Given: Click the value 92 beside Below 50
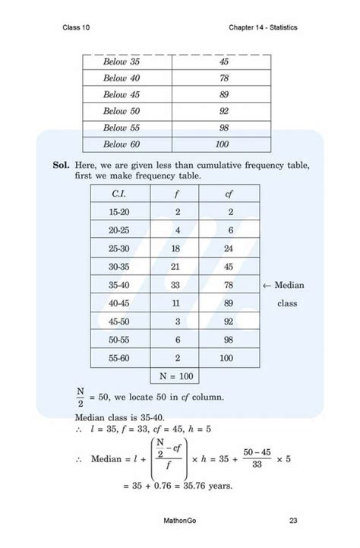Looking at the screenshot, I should pyautogui.click(x=223, y=112).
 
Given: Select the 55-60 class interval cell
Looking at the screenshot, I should pyautogui.click(x=118, y=357).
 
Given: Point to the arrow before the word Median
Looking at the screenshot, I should pyautogui.click(x=267, y=286).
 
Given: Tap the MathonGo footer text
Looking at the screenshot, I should pyautogui.click(x=181, y=521).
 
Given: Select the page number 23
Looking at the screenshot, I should pyautogui.click(x=293, y=521).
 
